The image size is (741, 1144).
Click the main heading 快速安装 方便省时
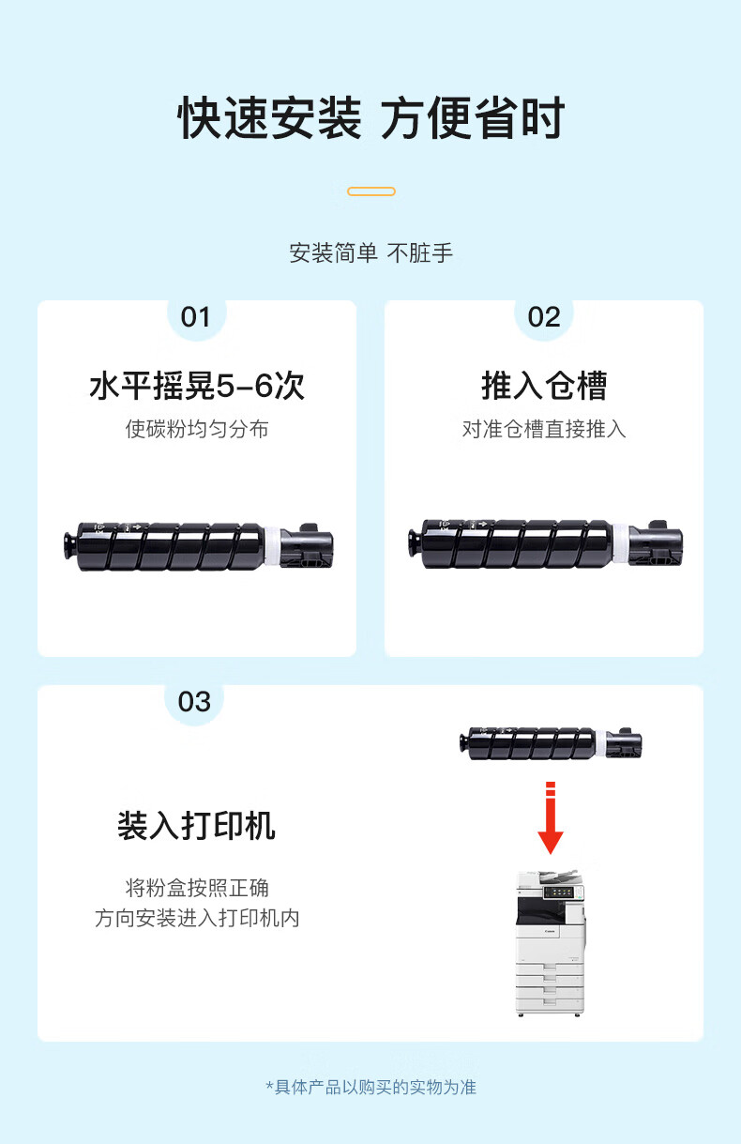point(371,118)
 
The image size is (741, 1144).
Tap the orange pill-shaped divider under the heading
point(371,191)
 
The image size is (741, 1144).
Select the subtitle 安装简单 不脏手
point(371,252)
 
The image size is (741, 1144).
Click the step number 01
point(195,317)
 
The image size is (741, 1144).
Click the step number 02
point(544,317)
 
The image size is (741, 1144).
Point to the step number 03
point(194,702)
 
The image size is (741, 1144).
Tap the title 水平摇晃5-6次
point(197,386)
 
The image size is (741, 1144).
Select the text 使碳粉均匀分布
point(197,429)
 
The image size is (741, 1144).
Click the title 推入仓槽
point(544,386)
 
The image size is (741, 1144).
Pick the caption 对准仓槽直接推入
point(544,429)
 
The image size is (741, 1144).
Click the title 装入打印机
point(196,826)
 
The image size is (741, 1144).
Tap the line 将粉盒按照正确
point(197,888)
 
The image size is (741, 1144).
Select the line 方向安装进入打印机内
point(197,918)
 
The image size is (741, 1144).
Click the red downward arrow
point(551,817)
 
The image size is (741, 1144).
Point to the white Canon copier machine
point(551,944)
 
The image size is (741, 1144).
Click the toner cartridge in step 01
point(199,546)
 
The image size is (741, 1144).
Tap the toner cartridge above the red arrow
point(551,743)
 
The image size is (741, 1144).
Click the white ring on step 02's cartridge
point(621,543)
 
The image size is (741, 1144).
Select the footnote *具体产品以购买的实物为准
point(371,1087)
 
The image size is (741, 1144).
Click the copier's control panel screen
point(559,892)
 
